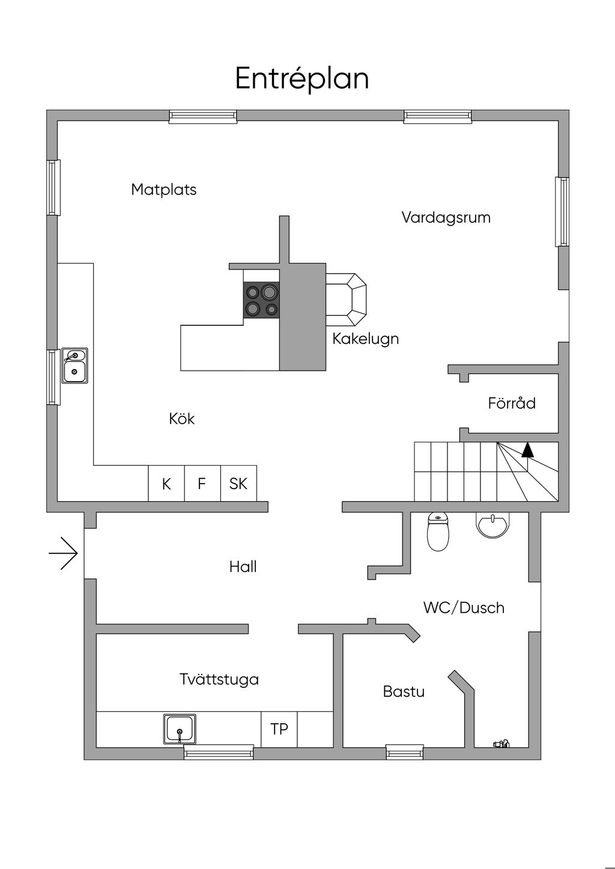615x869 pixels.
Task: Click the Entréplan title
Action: pyautogui.click(x=301, y=79)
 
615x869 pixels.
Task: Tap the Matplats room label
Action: pyautogui.click(x=164, y=190)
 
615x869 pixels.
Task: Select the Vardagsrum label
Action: pyautogui.click(x=446, y=218)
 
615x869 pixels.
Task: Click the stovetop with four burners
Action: pyautogui.click(x=261, y=299)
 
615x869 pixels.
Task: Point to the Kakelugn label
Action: pyautogui.click(x=365, y=339)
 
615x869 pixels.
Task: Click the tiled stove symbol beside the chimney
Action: pyautogui.click(x=346, y=299)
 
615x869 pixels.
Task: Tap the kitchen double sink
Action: pyautogui.click(x=74, y=365)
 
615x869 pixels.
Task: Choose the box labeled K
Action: pyautogui.click(x=166, y=483)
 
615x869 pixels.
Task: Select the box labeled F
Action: pyautogui.click(x=202, y=483)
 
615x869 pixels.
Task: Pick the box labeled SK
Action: pyautogui.click(x=238, y=483)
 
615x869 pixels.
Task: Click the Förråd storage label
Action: pyautogui.click(x=512, y=403)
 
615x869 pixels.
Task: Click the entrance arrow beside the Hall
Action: pyautogui.click(x=63, y=553)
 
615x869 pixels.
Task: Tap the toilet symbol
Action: pyautogui.click(x=438, y=532)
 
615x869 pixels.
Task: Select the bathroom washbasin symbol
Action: pyautogui.click(x=492, y=525)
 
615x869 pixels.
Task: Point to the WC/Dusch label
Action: pyautogui.click(x=464, y=608)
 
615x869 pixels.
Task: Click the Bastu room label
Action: pyautogui.click(x=404, y=692)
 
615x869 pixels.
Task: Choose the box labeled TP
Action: pyautogui.click(x=279, y=729)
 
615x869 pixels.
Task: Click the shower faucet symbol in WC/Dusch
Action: pyautogui.click(x=501, y=744)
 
